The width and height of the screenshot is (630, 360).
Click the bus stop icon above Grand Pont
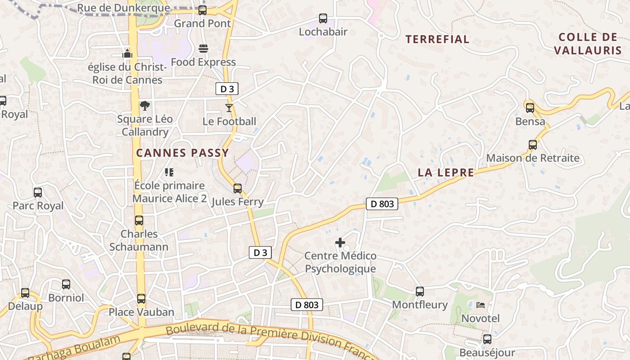[202, 10]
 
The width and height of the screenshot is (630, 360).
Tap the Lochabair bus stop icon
[323, 18]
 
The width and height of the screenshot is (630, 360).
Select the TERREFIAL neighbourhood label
[437, 40]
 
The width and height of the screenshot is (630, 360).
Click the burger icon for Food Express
[203, 49]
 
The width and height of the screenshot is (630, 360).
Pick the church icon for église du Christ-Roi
[127, 54]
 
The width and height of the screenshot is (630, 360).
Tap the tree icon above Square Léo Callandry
[144, 106]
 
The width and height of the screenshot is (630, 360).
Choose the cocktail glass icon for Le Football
[229, 108]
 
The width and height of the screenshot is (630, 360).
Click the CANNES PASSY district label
[183, 153]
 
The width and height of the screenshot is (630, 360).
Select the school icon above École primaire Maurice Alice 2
[169, 172]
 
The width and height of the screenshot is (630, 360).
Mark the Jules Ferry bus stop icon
[238, 188]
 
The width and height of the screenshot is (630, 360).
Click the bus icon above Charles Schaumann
[139, 220]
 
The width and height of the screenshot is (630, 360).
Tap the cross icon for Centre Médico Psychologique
[340, 243]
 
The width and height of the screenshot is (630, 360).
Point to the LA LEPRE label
[446, 172]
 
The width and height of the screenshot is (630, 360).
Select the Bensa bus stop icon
[530, 108]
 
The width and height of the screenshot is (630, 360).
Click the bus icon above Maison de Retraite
[533, 145]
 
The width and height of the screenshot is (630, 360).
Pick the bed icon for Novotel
[481, 305]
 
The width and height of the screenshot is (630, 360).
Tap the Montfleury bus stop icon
[420, 292]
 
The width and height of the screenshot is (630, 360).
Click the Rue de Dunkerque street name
[124, 8]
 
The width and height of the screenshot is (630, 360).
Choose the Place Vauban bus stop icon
[141, 299]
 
